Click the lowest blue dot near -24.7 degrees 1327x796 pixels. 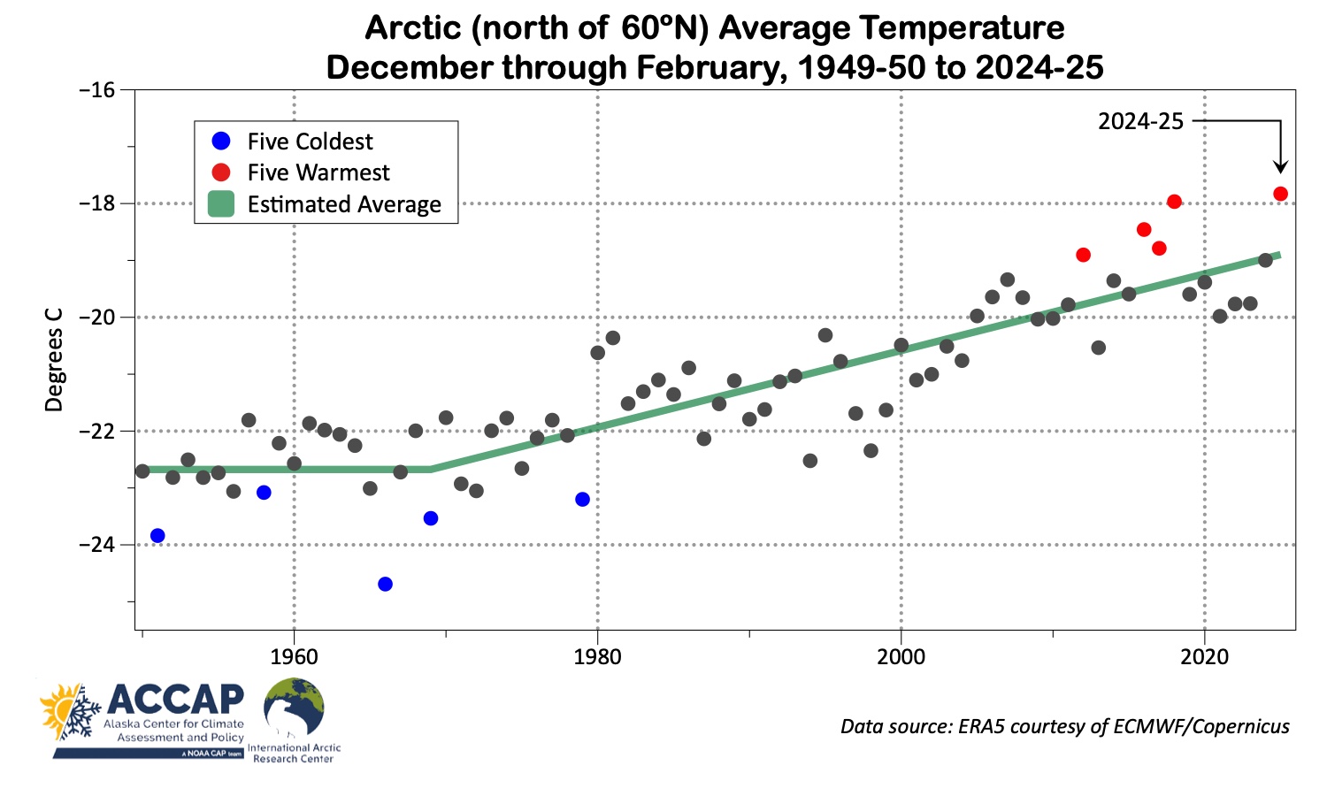click(385, 584)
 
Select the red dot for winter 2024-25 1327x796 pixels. click(1280, 194)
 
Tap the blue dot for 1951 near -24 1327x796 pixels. click(157, 535)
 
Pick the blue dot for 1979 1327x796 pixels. click(582, 499)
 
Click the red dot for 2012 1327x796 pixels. click(1083, 255)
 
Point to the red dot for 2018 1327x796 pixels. click(1174, 201)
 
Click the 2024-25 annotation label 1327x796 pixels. click(1140, 121)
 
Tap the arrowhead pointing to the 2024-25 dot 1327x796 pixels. click(1280, 167)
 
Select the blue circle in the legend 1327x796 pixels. click(221, 141)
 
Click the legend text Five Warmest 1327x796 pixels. click(318, 172)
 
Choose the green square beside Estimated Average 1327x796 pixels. click(221, 204)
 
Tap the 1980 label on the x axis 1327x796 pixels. click(597, 657)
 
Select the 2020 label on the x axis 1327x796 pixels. click(1204, 657)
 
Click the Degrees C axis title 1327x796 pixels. click(55, 359)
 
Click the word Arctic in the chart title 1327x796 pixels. click(414, 28)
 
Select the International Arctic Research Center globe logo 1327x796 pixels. click(294, 708)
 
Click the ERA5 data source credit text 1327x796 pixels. click(1064, 726)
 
